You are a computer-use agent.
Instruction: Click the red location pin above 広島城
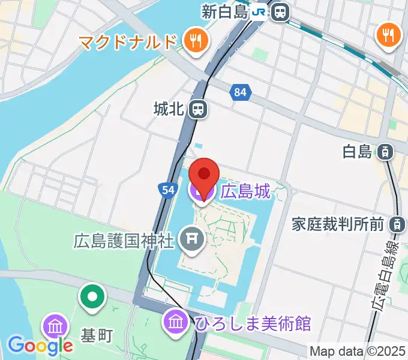tap(204, 175)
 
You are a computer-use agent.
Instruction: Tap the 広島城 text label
tap(245, 192)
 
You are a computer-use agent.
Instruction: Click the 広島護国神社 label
tap(124, 241)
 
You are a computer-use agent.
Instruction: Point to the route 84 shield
tap(241, 92)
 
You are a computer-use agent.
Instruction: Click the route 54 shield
tap(167, 190)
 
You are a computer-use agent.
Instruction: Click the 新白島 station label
tap(225, 11)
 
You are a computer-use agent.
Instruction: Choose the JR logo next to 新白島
tap(259, 11)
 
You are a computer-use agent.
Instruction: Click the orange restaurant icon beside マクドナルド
tap(196, 41)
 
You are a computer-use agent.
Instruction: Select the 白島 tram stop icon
tap(386, 151)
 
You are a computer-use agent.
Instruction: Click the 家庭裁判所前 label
tap(338, 224)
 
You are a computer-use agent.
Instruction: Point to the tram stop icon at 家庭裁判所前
tap(397, 224)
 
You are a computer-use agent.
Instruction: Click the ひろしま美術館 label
tap(253, 323)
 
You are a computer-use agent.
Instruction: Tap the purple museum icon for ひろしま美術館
tap(177, 320)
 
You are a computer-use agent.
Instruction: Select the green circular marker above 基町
tap(93, 297)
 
